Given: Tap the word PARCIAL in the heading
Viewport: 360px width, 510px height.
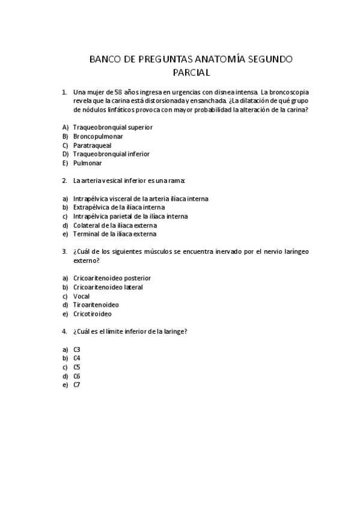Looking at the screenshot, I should [180, 73].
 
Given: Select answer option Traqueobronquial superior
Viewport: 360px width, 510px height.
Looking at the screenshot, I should [112, 127].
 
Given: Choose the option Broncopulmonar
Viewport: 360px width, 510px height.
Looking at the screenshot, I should [98, 137].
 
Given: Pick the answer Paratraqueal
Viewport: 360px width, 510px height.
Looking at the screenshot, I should [92, 145].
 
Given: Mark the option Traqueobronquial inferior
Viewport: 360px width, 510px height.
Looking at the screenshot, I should [111, 154].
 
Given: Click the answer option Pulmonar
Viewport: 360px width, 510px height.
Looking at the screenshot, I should [87, 163].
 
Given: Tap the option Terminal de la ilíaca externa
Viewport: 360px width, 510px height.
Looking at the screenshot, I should [114, 234].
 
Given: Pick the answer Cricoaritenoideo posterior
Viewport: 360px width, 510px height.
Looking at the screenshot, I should [112, 278].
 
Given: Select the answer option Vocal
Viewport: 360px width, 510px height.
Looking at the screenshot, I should [81, 296].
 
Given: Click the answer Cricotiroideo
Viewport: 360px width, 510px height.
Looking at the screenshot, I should [92, 313].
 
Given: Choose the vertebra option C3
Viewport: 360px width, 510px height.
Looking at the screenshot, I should [77, 349].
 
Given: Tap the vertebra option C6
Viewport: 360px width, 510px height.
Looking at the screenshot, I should [77, 376].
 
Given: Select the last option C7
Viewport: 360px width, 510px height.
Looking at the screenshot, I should [77, 385].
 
